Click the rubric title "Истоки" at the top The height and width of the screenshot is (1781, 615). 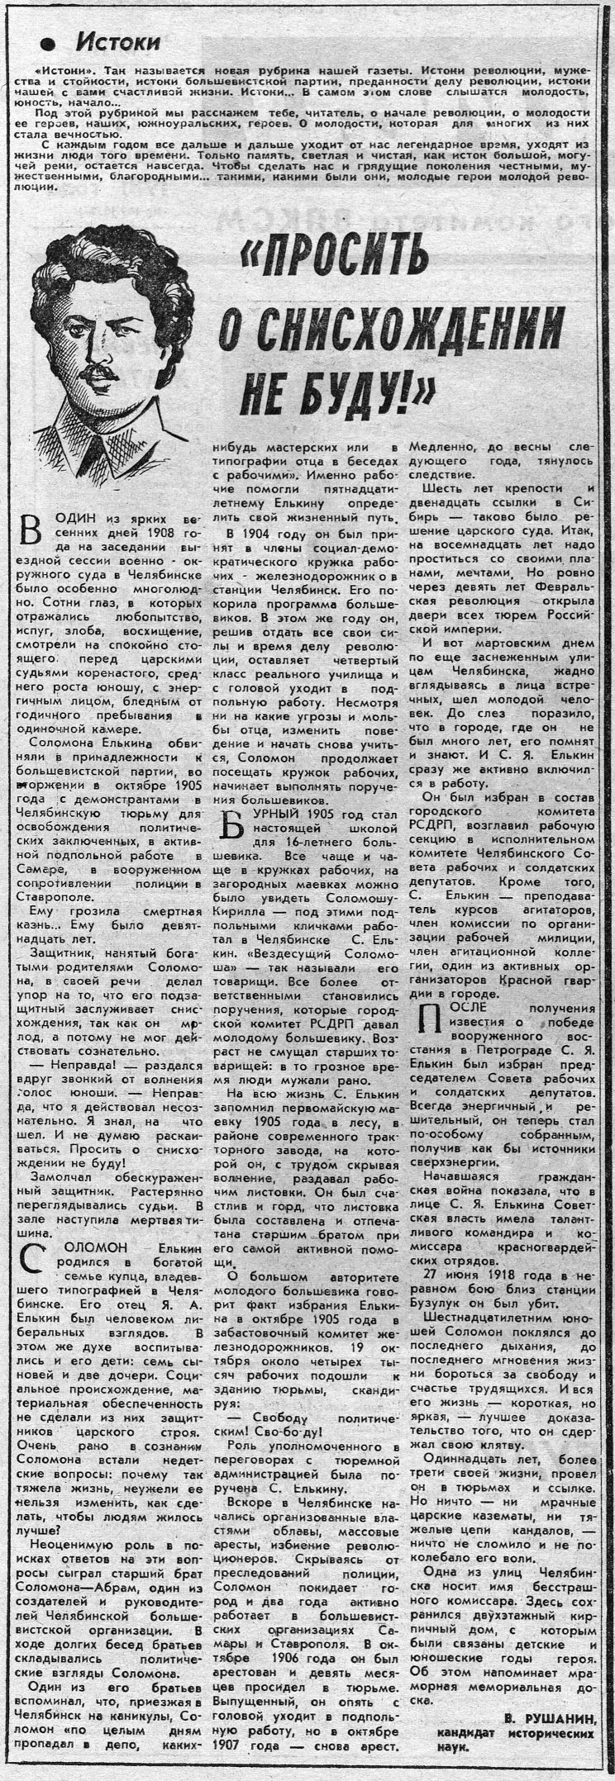point(117,40)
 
